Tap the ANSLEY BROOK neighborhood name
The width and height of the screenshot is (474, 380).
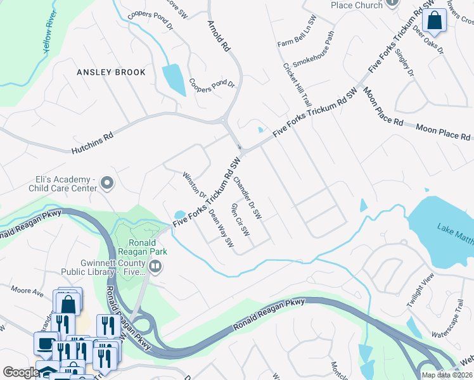tap(111, 72)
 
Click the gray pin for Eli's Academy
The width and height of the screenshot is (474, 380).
tap(107, 184)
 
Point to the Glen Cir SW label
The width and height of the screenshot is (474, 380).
tap(241, 220)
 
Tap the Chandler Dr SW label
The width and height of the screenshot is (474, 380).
tap(247, 198)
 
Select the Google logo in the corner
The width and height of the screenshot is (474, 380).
tap(20, 372)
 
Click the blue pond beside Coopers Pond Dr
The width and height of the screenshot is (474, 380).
tap(173, 80)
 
